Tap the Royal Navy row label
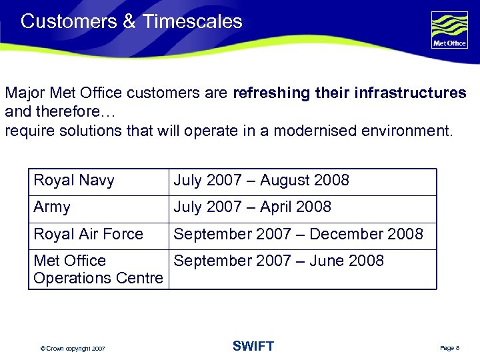(x=74, y=180)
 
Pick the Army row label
(x=52, y=207)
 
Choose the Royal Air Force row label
(x=88, y=234)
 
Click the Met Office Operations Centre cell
(x=97, y=269)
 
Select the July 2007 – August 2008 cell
(x=261, y=180)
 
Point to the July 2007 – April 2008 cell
(x=252, y=207)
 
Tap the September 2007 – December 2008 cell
(x=298, y=234)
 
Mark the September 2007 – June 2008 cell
(x=279, y=261)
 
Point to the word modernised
(x=305, y=131)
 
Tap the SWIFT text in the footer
(x=253, y=346)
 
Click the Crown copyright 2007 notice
(x=72, y=349)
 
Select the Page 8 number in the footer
(x=450, y=349)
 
